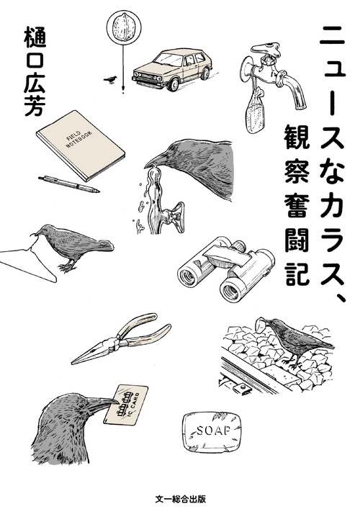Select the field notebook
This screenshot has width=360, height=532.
pos(81,143)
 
